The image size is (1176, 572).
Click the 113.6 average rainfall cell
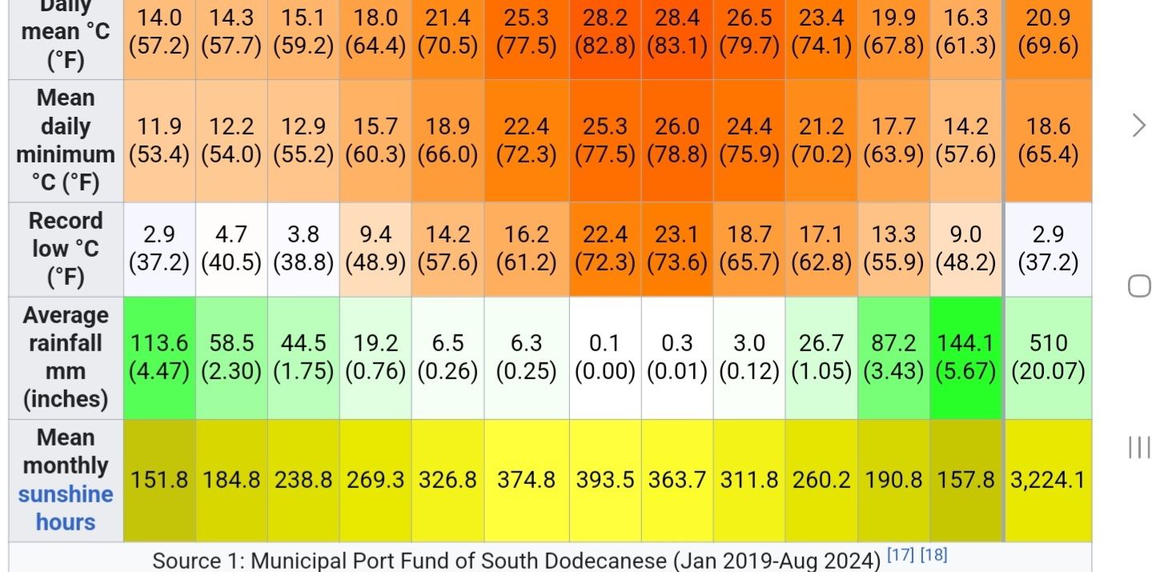159,357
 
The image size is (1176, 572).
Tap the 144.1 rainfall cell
965,357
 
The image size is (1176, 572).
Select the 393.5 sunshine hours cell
605,480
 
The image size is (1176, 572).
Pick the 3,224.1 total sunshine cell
1048,480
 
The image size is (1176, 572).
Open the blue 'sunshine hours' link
66,508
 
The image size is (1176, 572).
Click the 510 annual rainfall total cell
1048,357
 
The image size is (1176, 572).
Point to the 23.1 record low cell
676,248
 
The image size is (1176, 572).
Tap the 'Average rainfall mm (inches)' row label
66,357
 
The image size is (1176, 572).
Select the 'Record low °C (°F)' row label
66,248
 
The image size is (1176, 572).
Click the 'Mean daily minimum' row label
66,140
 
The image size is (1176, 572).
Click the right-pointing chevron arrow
1139,126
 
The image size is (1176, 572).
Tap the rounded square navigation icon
1139,286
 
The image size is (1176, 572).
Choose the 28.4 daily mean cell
676,32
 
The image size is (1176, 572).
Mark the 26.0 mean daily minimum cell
676,140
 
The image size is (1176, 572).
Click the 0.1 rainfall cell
605,357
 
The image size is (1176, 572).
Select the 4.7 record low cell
231,248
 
